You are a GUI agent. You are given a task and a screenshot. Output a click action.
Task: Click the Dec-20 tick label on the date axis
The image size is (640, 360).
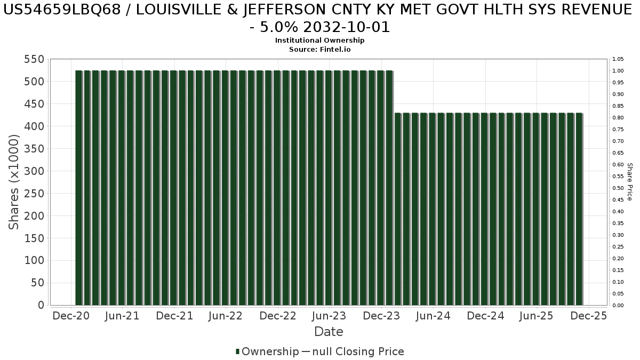coord(71,316)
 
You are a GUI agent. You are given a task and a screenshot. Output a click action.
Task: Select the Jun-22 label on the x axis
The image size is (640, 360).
coord(226,316)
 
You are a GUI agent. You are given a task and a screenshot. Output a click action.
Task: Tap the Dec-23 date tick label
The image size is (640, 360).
coord(381,316)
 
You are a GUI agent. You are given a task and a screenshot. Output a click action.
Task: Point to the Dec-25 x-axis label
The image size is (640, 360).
coord(588,316)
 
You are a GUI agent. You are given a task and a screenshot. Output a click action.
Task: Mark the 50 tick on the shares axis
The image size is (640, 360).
coord(37,283)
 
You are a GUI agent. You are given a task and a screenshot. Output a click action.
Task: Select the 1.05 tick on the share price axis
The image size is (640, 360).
coord(618,59)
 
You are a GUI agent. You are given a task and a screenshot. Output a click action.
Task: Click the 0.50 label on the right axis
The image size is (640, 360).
coord(618,188)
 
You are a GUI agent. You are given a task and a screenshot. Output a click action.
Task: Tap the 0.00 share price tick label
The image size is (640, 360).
coord(618,306)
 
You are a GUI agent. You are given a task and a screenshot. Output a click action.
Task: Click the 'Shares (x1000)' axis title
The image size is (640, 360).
coord(14,182)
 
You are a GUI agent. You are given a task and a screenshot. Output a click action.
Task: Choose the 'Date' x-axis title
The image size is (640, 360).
coord(329,332)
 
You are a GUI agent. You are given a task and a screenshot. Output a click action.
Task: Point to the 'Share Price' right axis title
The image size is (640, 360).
coord(629,182)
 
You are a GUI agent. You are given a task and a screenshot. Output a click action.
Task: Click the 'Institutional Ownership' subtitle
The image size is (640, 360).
coord(320,41)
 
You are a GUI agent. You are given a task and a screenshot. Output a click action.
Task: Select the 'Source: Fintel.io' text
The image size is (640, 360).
coord(320,49)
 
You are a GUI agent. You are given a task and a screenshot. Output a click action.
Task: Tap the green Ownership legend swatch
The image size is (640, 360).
coord(237,352)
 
